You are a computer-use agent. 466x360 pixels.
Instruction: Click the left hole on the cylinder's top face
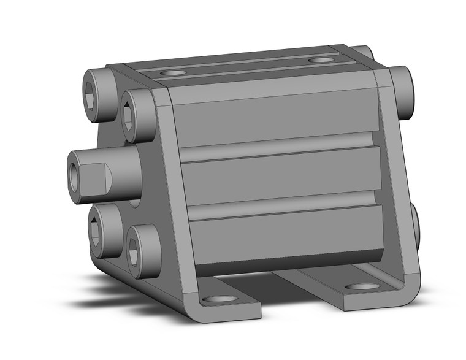[176, 72]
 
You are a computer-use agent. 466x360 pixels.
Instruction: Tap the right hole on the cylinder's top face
[321, 60]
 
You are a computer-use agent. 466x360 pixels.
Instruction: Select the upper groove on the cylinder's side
[276, 142]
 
